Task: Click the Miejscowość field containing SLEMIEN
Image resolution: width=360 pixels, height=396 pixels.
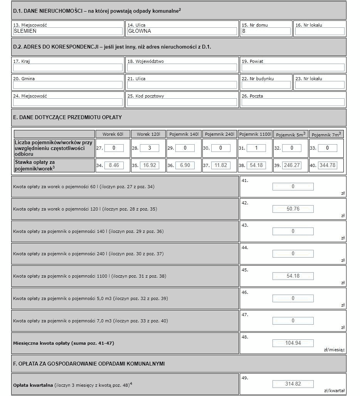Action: [67, 31]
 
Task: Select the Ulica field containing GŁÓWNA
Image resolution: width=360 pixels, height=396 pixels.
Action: [182, 31]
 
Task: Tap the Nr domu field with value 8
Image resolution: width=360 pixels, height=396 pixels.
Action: [266, 31]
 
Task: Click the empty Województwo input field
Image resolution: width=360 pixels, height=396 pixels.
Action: [182, 67]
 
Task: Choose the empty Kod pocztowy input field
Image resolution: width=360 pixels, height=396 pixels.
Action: [182, 102]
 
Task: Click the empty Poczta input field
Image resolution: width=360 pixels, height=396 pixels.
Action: [293, 102]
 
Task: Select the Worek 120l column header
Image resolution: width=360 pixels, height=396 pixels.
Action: [148, 134]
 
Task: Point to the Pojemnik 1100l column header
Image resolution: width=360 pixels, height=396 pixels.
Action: [255, 134]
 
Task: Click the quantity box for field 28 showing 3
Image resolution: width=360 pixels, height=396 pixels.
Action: [149, 148]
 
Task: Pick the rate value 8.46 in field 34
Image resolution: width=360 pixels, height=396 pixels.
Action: [114, 165]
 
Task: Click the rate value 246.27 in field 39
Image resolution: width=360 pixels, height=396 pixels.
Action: [291, 165]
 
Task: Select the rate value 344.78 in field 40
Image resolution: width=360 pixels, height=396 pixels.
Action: [328, 165]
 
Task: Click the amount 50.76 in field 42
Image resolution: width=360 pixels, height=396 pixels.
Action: [293, 209]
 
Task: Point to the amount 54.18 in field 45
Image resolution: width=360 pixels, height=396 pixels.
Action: [293, 276]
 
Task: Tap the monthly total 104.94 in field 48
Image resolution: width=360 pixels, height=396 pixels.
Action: [293, 343]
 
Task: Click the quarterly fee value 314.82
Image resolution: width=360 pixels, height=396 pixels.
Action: [293, 384]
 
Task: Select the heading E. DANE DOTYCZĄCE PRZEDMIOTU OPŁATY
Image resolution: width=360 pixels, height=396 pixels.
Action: [67, 117]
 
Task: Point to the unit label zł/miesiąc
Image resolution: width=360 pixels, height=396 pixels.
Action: [334, 350]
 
